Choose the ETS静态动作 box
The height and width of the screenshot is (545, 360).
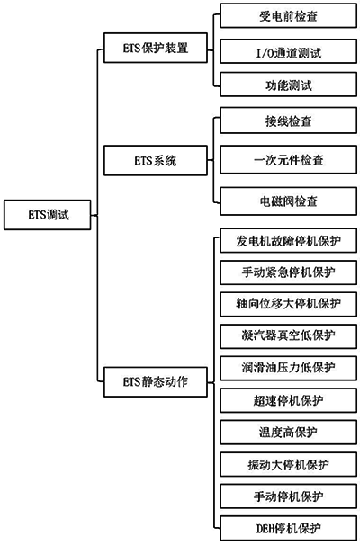click(155, 380)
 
